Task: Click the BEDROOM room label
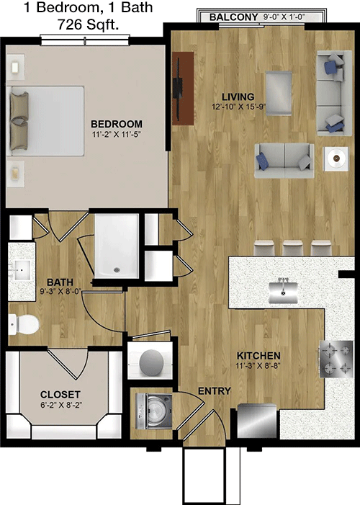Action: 116,124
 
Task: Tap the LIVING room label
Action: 238,97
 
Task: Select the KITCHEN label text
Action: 258,356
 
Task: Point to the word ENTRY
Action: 214,391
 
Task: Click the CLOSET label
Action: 60,395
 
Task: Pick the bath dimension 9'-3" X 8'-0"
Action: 61,292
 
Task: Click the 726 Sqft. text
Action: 89,24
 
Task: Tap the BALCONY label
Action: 233,17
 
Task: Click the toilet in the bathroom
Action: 23,323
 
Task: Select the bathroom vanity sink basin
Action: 22,270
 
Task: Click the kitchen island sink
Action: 283,291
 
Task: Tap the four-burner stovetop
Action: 336,359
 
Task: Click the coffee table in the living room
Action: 279,93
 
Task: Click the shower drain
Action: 117,270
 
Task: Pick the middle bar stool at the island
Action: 293,249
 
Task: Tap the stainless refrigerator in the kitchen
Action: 257,421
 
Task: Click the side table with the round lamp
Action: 336,158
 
